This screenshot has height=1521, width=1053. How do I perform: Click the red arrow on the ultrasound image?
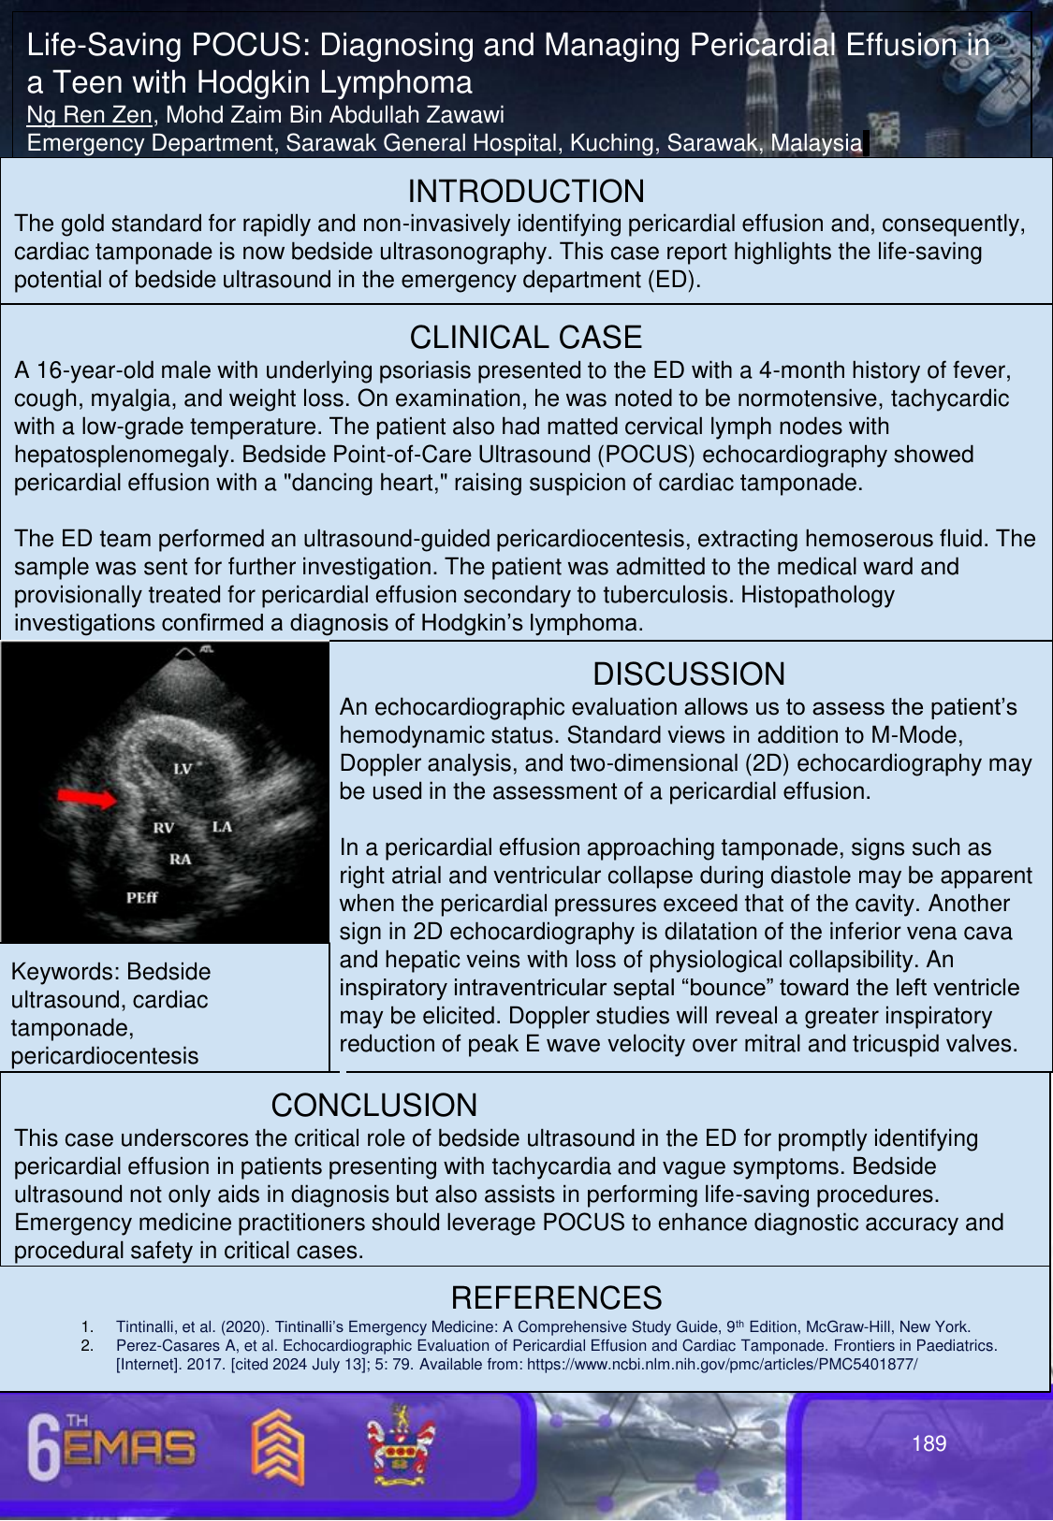click(x=86, y=797)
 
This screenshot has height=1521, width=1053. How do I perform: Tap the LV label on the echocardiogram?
click(x=183, y=769)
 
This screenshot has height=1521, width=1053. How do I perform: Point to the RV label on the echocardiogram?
click(x=164, y=828)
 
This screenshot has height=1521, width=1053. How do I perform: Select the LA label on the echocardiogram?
click(x=222, y=827)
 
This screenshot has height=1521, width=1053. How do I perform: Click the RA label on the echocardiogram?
click(x=180, y=859)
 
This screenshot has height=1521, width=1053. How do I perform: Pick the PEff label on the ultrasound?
click(x=142, y=898)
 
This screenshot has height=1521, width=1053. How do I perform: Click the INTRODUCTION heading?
click(x=526, y=191)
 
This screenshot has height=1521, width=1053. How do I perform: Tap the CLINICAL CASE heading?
click(x=526, y=337)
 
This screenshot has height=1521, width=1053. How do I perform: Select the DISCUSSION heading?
click(x=689, y=674)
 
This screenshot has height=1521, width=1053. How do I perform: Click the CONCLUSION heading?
click(x=373, y=1105)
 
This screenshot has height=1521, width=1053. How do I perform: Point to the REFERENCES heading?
click(x=556, y=1297)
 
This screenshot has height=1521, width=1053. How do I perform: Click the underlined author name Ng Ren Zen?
click(x=90, y=115)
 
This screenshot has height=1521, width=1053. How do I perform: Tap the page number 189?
click(x=929, y=1443)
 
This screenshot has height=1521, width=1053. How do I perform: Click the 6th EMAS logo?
click(x=111, y=1445)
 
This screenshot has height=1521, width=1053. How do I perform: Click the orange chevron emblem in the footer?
click(x=277, y=1446)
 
